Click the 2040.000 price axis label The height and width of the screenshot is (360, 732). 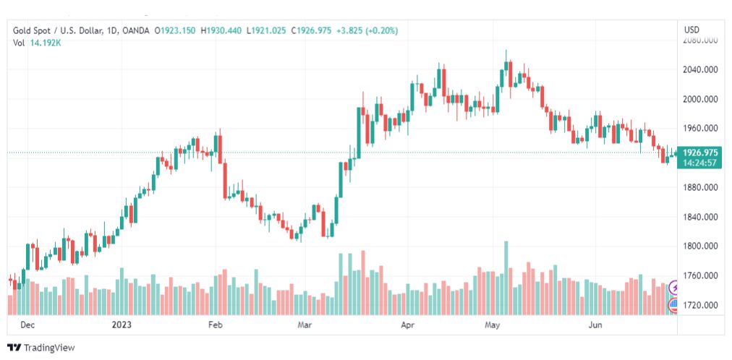tap(699, 70)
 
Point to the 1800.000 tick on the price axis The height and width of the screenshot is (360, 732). tap(699, 247)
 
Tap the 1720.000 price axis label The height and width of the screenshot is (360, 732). tap(699, 305)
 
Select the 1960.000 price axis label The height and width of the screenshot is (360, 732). tap(699, 129)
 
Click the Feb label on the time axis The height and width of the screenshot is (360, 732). tap(215, 325)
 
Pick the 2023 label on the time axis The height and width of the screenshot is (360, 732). tap(121, 325)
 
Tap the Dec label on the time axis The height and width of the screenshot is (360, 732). tap(27, 325)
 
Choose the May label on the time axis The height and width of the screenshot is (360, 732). tap(493, 325)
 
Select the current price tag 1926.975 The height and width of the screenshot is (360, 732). tap(699, 153)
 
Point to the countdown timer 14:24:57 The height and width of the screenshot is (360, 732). tap(699, 163)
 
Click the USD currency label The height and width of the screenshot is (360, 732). tap(691, 30)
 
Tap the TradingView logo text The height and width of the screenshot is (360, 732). tap(49, 348)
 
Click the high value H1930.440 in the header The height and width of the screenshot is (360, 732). tap(222, 30)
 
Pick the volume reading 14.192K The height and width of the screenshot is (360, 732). tap(46, 43)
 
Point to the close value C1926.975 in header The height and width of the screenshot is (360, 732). tap(312, 30)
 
